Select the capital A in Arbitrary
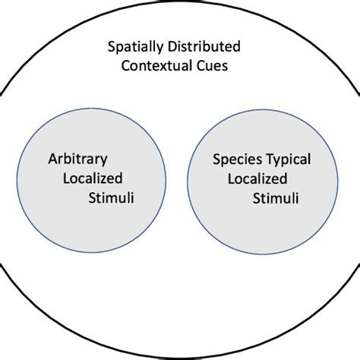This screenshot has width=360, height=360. (x=50, y=160)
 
